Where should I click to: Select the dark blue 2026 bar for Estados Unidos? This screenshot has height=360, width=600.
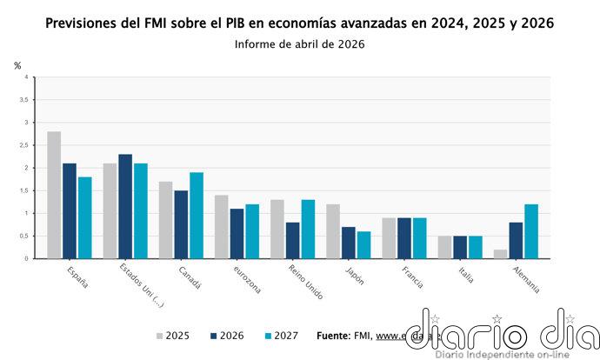click(125, 206)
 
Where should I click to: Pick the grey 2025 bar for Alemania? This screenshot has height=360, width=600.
click(499, 254)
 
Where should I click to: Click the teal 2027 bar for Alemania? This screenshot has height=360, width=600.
click(530, 231)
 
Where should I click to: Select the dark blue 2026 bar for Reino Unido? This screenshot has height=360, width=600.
click(293, 240)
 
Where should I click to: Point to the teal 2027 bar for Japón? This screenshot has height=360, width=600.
click(363, 244)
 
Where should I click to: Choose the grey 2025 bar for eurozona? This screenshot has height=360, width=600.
click(221, 227)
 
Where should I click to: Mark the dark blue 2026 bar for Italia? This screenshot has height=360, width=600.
click(460, 247)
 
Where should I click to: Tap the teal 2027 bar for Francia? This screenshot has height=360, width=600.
click(419, 238)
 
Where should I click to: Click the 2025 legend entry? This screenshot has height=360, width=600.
click(175, 336)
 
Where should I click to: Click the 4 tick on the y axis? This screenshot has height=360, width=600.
click(27, 77)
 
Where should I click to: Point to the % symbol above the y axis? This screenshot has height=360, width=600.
click(17, 65)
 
